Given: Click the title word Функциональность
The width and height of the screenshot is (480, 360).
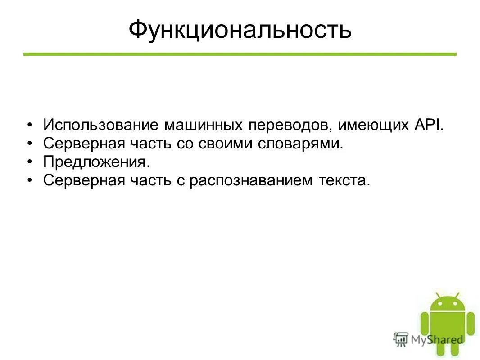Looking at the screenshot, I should pos(240,30).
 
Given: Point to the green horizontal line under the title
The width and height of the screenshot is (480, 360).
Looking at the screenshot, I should pos(240,54).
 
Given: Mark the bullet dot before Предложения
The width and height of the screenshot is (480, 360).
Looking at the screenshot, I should pos(30,162).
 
